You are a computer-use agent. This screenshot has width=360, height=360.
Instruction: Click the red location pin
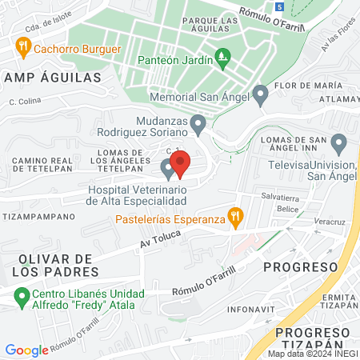tap(180, 163)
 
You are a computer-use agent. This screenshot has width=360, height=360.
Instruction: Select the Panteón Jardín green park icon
tap(223, 58)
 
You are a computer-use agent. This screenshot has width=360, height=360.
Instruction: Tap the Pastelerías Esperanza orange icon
tap(234, 214)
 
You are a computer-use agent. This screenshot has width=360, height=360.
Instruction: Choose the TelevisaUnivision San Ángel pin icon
tap(339, 145)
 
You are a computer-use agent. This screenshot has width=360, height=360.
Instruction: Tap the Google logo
tap(26, 350)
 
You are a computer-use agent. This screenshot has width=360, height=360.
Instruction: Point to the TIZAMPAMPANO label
tap(34, 215)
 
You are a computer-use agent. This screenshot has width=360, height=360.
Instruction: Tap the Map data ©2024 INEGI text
tap(312, 354)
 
